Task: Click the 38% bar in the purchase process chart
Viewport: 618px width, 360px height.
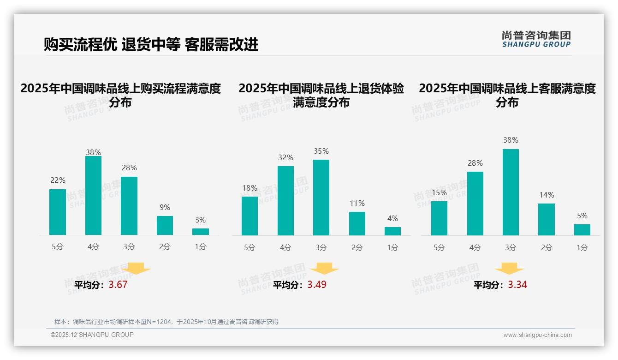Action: pos(93,196)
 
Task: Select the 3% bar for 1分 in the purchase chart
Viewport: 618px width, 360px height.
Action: pos(201,232)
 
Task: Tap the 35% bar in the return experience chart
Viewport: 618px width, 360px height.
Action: pos(321,198)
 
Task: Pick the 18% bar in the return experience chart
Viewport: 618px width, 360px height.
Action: pos(250,216)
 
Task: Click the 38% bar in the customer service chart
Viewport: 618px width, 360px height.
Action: pos(511,192)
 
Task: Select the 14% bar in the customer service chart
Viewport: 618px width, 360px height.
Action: pos(547,219)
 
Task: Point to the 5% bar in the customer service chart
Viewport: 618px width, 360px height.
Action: pos(582,230)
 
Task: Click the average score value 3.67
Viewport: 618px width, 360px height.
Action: pos(118,285)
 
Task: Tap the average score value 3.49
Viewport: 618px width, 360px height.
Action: pos(317,285)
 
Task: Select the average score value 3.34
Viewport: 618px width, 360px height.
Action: pos(517,285)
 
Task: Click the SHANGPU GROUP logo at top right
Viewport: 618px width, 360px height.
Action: pos(536,39)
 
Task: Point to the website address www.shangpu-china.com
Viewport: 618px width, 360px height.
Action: pos(537,335)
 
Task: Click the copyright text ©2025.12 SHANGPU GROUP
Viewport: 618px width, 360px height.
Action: pos(92,335)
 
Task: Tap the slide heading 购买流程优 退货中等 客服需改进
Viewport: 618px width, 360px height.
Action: pos(151,44)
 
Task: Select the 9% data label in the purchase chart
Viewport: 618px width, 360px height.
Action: pos(165,208)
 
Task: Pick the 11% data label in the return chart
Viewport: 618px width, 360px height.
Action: pos(357,204)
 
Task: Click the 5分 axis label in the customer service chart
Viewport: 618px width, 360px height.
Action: pos(439,248)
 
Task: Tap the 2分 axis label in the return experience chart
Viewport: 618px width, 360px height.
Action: pos(357,248)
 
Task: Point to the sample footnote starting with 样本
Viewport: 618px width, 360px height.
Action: pos(166,322)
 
